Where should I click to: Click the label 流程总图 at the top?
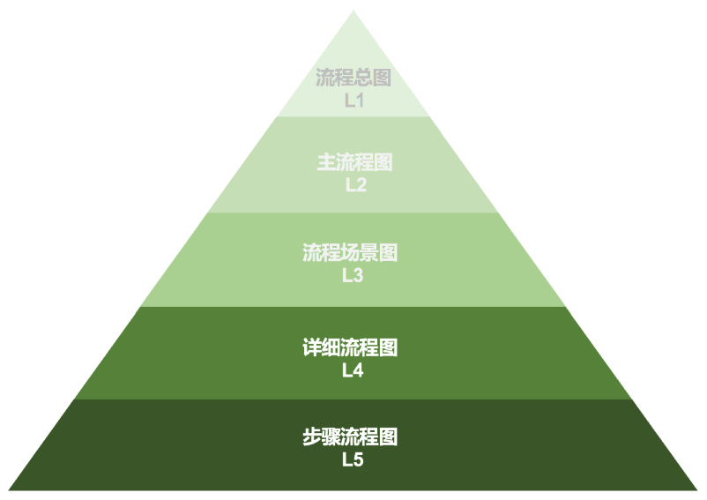click(353, 78)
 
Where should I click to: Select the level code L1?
click(353, 101)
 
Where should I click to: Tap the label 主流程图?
click(354, 163)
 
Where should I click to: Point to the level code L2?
click(354, 185)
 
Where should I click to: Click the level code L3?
click(353, 275)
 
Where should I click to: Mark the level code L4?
click(353, 370)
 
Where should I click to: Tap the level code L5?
click(353, 459)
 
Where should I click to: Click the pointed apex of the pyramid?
click(353, 11)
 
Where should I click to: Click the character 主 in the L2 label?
click(326, 163)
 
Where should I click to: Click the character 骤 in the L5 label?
click(331, 437)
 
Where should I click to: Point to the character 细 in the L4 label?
click(331, 348)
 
